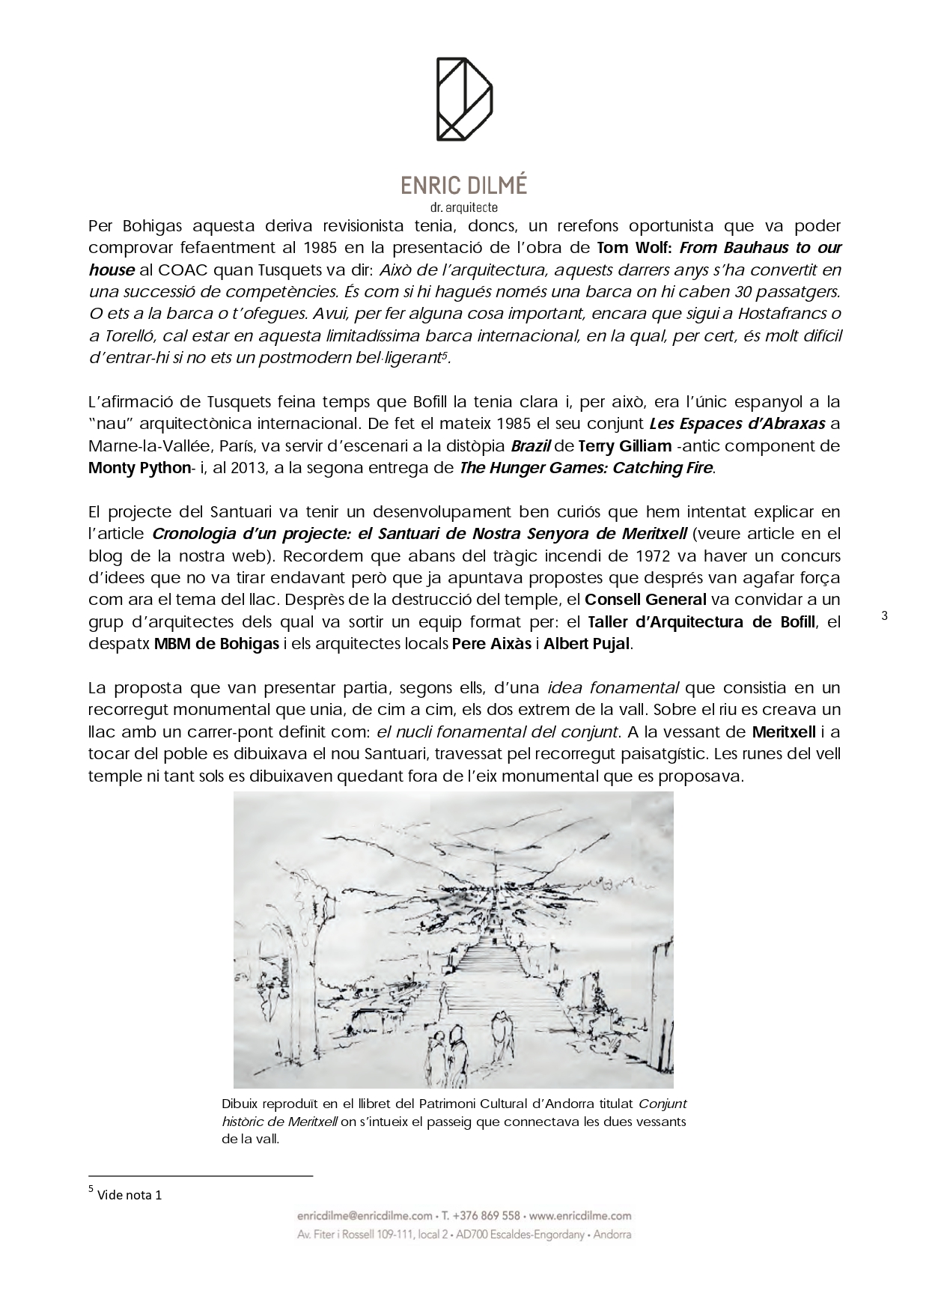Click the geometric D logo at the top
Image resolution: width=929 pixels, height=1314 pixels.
464,99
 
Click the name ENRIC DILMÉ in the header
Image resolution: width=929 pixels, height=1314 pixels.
463,186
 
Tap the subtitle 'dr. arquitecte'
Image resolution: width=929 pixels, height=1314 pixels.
463,207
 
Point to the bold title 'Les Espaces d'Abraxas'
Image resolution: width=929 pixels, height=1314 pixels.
737,424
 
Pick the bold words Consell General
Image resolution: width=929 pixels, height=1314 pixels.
645,600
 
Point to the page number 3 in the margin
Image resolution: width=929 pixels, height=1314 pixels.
884,616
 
